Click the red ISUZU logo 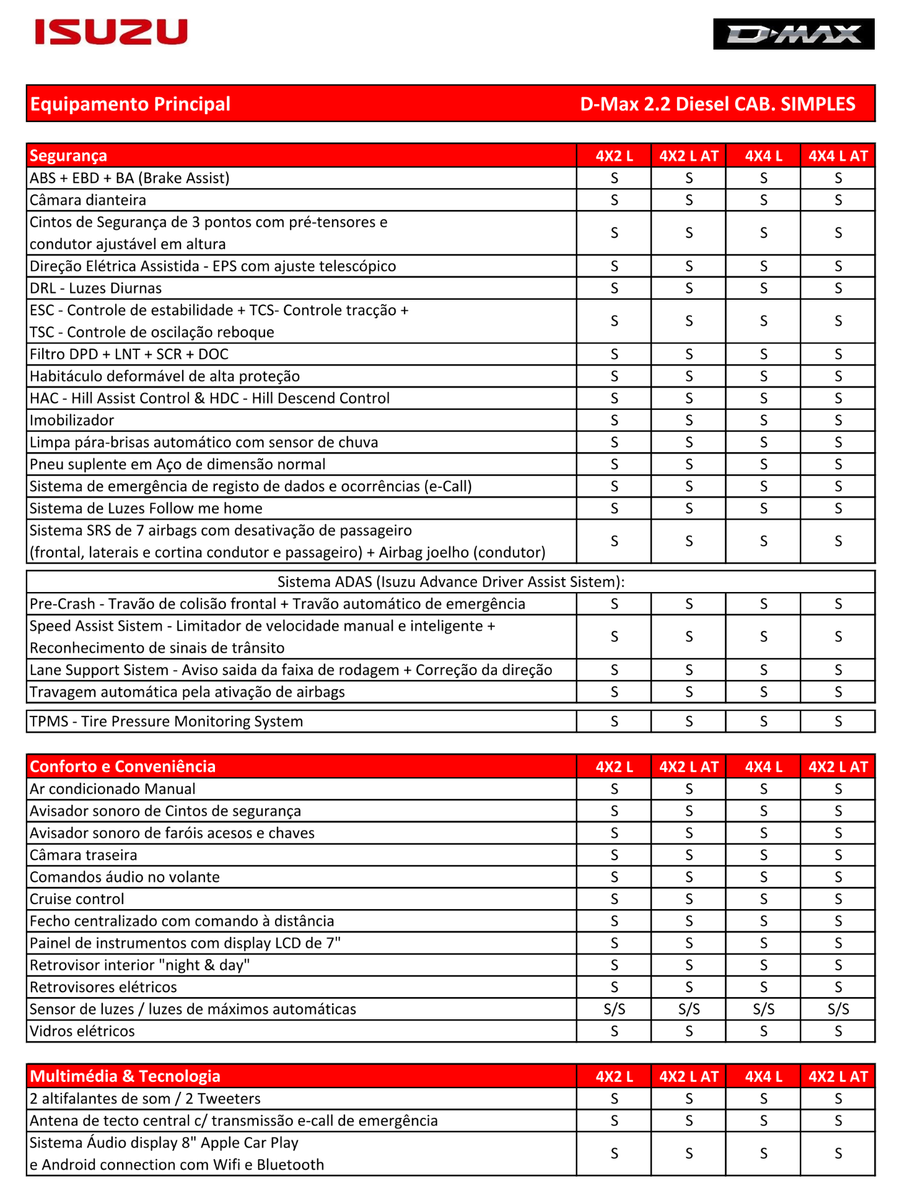pyautogui.click(x=111, y=32)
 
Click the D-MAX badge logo pyautogui.click(x=793, y=34)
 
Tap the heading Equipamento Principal pyautogui.click(x=130, y=104)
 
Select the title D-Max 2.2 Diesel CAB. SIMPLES pyautogui.click(x=717, y=104)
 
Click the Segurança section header pyautogui.click(x=69, y=155)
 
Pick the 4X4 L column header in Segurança pyautogui.click(x=763, y=156)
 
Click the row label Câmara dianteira pyautogui.click(x=88, y=200)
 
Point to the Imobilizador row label pyautogui.click(x=72, y=420)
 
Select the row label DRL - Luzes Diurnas pyautogui.click(x=95, y=288)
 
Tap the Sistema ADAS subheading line pyautogui.click(x=450, y=581)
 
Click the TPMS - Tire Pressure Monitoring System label pyautogui.click(x=166, y=721)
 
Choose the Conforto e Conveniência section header pyautogui.click(x=123, y=767)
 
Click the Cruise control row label pyautogui.click(x=77, y=899)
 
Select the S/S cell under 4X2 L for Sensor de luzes pyautogui.click(x=614, y=1009)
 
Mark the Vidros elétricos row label pyautogui.click(x=82, y=1031)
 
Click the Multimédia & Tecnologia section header pyautogui.click(x=125, y=1076)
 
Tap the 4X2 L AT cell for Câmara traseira pyautogui.click(x=689, y=855)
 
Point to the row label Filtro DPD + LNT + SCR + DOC pyautogui.click(x=129, y=354)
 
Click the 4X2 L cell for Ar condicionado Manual pyautogui.click(x=614, y=789)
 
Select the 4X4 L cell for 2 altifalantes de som pyautogui.click(x=763, y=1099)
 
